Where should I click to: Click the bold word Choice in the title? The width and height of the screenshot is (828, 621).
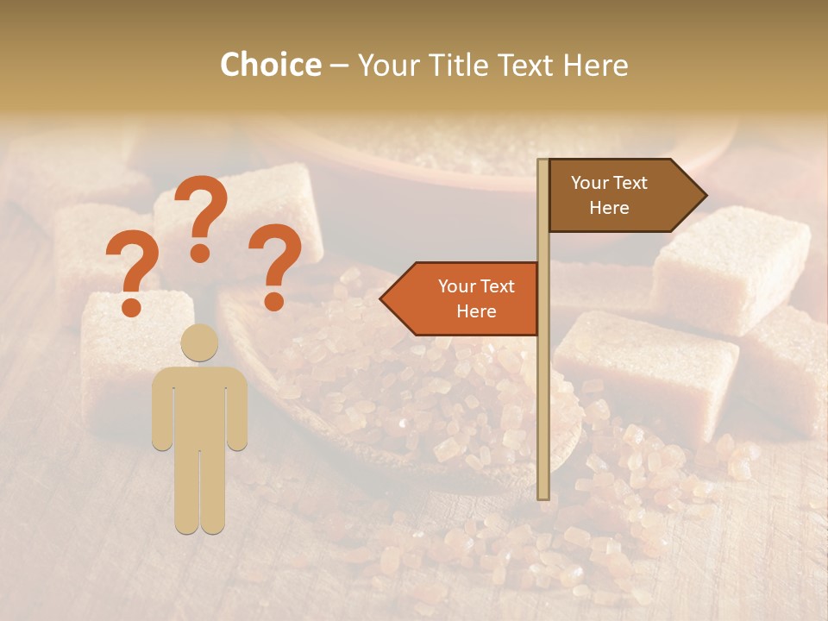coord(270,65)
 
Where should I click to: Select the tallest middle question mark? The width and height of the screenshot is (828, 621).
coord(201,216)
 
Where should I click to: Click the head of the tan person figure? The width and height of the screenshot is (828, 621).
coord(199,342)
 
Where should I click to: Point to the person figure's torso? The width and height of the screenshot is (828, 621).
coord(199,405)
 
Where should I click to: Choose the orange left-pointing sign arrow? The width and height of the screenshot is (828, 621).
coord(461,298)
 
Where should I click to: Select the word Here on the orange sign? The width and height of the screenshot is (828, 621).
coord(476,311)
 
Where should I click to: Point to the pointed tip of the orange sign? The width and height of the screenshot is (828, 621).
coord(383,298)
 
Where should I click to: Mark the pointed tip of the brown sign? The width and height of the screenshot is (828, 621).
coord(705,196)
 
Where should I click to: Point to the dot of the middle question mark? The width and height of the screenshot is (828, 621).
coord(200,253)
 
